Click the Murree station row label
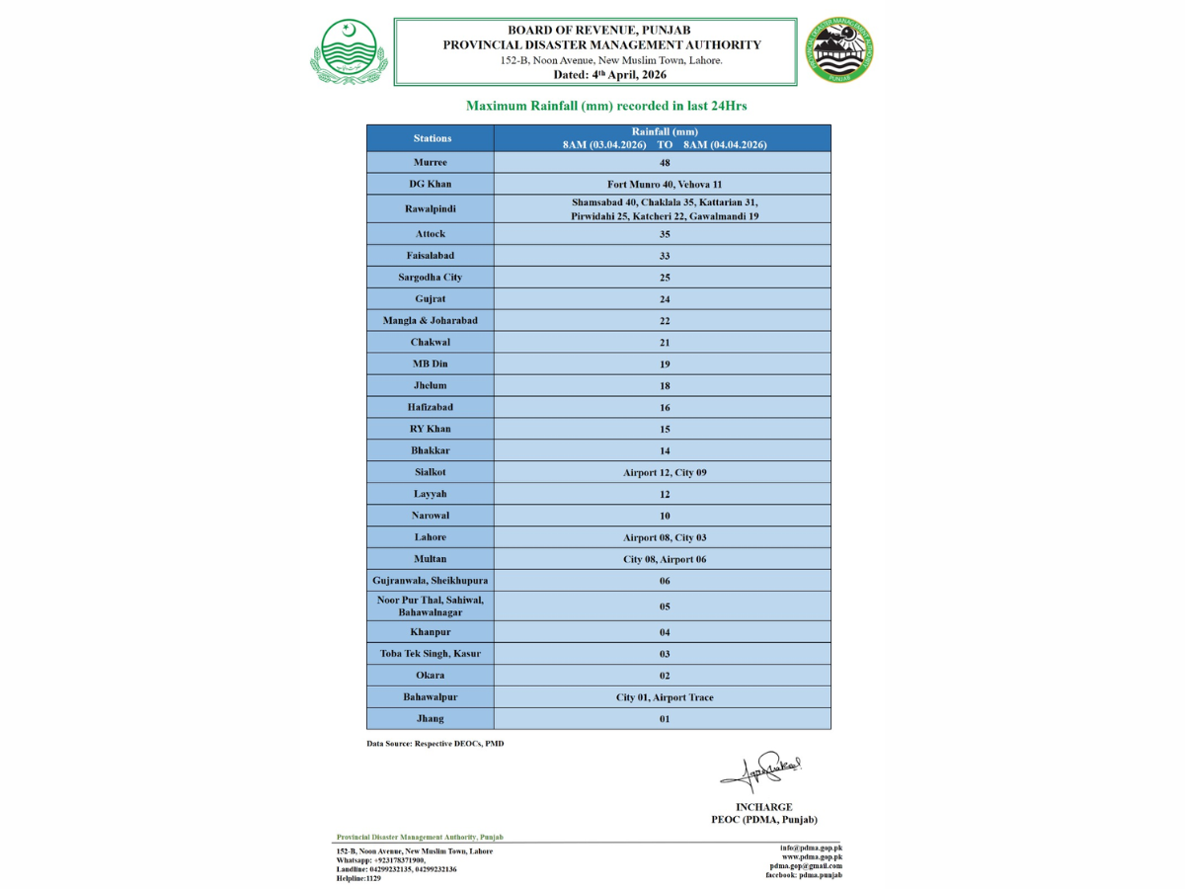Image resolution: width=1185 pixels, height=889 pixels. (430, 162)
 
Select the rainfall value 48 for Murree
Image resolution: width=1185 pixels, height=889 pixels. (665, 162)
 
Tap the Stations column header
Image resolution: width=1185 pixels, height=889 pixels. (433, 138)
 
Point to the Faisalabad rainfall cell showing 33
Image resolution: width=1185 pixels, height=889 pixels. (665, 256)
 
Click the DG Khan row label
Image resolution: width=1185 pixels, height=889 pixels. (430, 184)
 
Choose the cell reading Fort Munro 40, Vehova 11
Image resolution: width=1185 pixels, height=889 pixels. (665, 184)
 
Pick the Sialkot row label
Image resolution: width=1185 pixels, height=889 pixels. (430, 472)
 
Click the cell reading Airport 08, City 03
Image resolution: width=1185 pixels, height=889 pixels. (665, 537)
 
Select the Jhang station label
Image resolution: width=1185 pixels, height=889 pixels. (430, 718)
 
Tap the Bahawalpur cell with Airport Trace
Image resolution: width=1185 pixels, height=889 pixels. (665, 697)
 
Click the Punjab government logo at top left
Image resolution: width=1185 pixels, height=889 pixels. (350, 51)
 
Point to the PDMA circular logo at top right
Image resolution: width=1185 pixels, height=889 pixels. (839, 50)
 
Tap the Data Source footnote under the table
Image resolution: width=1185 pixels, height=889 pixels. (434, 743)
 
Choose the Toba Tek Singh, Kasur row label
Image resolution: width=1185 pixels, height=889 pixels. (430, 654)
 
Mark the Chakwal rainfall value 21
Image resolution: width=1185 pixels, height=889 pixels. (665, 343)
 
